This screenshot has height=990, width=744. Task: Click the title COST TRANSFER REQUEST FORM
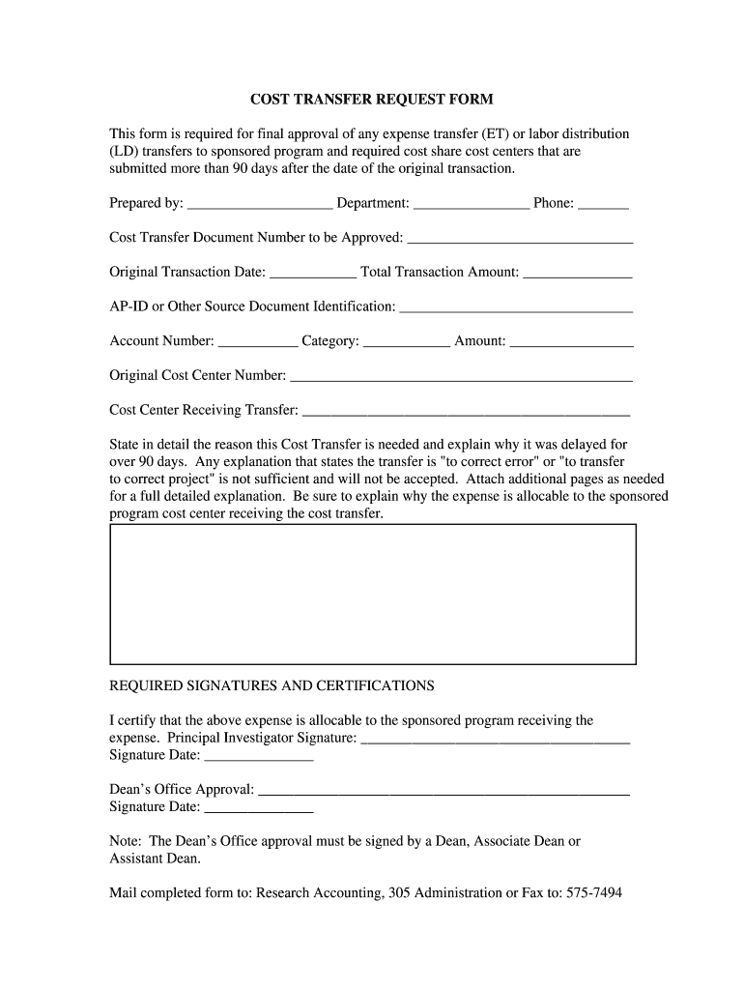(x=372, y=100)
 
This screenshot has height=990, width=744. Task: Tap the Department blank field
(x=471, y=205)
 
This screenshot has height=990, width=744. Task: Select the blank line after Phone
(x=604, y=205)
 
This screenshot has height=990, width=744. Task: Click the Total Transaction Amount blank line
(x=577, y=274)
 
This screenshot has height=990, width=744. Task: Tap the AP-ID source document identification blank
(x=516, y=308)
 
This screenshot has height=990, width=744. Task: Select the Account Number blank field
(x=258, y=342)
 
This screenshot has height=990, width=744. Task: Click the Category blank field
(x=407, y=342)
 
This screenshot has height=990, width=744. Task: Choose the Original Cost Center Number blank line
(x=461, y=377)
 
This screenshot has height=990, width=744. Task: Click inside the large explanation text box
(x=373, y=594)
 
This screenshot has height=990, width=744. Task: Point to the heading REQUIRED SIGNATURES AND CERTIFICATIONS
(x=272, y=685)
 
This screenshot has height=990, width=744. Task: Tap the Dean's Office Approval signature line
(x=444, y=792)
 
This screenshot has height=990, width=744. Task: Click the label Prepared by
(x=146, y=203)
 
